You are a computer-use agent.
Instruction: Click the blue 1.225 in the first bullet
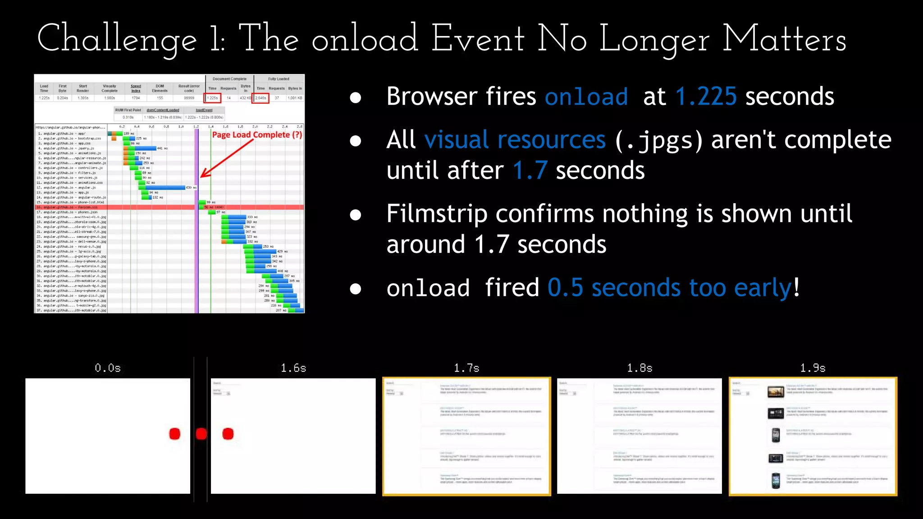coord(706,96)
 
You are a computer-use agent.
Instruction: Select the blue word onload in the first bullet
coord(586,97)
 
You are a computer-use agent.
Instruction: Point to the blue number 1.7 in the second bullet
coord(530,171)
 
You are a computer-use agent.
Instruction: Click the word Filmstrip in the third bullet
coord(437,214)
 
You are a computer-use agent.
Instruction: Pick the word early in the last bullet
coord(763,288)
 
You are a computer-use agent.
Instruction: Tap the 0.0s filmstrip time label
coord(108,368)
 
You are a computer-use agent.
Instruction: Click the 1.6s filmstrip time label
coord(293,368)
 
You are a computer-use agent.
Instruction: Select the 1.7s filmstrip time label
coord(466,368)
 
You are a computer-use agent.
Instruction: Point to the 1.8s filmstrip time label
coord(640,368)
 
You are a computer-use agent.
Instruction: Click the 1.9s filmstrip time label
coord(813,368)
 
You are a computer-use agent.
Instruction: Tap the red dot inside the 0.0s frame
coord(175,434)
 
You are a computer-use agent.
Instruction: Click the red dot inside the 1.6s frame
coord(228,434)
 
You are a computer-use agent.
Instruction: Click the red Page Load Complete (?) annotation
coord(257,135)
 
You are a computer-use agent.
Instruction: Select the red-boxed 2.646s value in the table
coord(260,98)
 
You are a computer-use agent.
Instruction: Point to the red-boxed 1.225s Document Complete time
coord(212,98)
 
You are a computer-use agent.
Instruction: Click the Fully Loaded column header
coord(279,79)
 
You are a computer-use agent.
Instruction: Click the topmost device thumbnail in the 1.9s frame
coord(776,392)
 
